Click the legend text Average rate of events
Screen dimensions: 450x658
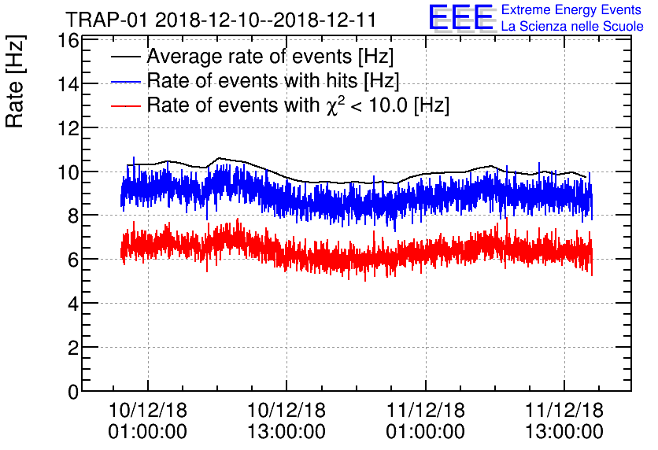point(270,57)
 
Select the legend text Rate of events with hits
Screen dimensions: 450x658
point(272,80)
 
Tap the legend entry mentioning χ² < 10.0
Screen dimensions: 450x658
point(298,105)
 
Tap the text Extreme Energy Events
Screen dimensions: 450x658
point(571,10)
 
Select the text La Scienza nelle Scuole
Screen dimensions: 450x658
point(572,27)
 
